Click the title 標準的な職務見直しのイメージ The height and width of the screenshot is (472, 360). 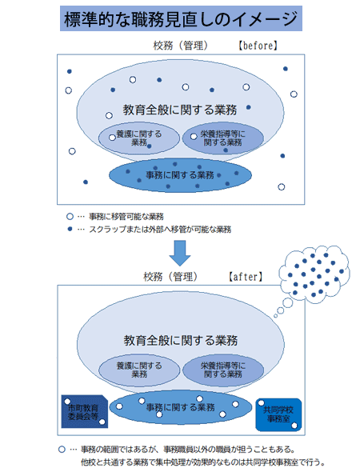(181, 18)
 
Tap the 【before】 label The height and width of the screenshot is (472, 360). (258, 46)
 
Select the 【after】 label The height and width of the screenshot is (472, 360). (246, 277)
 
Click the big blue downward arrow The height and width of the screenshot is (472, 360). (180, 253)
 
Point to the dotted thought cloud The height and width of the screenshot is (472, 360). (314, 274)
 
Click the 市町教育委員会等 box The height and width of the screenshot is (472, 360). (84, 411)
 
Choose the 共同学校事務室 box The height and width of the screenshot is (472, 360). (278, 414)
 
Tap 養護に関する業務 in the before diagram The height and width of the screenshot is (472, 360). (139, 138)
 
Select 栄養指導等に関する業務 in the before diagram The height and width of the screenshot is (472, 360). (222, 138)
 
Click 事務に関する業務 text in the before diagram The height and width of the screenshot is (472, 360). (180, 175)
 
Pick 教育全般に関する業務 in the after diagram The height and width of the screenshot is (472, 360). (180, 341)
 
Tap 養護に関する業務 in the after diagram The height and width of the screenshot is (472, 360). (139, 370)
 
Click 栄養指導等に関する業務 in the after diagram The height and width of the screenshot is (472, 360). (223, 370)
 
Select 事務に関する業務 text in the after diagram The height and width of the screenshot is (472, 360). (180, 407)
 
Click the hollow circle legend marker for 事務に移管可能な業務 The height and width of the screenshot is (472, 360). (70, 217)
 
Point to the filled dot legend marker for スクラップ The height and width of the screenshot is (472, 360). (70, 229)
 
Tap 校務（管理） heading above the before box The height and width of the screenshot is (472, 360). (181, 46)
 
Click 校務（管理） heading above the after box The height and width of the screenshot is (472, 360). (170, 277)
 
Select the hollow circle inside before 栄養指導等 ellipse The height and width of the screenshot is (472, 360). (194, 137)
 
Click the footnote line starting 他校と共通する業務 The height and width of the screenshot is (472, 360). (202, 462)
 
